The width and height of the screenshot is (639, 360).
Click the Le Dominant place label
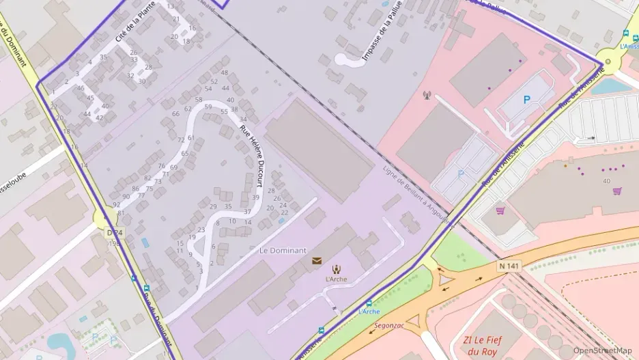pyautogui.click(x=283, y=251)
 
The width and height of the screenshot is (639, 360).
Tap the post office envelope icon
pyautogui.click(x=317, y=260)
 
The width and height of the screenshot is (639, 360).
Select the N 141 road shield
pyautogui.click(x=509, y=266)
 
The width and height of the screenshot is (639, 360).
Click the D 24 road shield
pyautogui.click(x=113, y=233)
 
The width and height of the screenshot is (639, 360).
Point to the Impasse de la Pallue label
pyautogui.click(x=382, y=30)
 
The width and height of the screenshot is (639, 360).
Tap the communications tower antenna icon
pyautogui.click(x=427, y=96)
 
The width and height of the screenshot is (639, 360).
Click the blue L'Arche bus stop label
pyautogui.click(x=369, y=311)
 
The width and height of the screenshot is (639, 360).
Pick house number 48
pyautogui.click(x=224, y=72)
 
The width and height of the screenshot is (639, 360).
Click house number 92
pyautogui.click(x=117, y=204)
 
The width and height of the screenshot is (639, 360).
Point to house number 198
pyautogui.click(x=113, y=243)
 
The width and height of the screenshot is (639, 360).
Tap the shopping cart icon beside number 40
pyautogui.click(x=617, y=191)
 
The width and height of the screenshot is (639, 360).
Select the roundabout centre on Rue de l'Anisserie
pyautogui.click(x=608, y=61)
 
